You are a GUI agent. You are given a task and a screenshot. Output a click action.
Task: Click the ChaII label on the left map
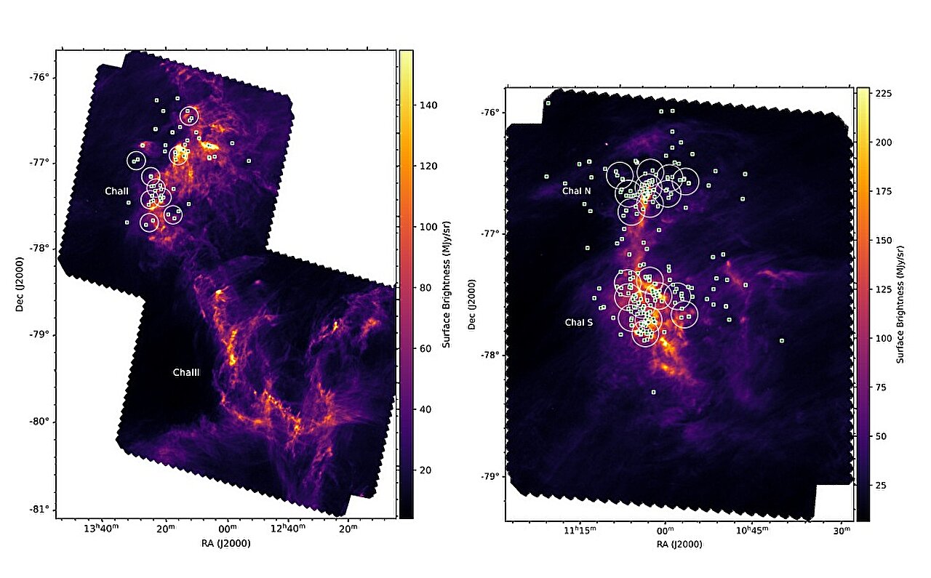(x=116, y=190)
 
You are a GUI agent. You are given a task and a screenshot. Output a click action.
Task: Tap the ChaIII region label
(x=186, y=373)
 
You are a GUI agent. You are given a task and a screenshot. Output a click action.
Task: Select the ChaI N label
(x=577, y=191)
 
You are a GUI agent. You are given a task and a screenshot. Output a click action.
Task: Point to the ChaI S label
(x=579, y=321)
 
